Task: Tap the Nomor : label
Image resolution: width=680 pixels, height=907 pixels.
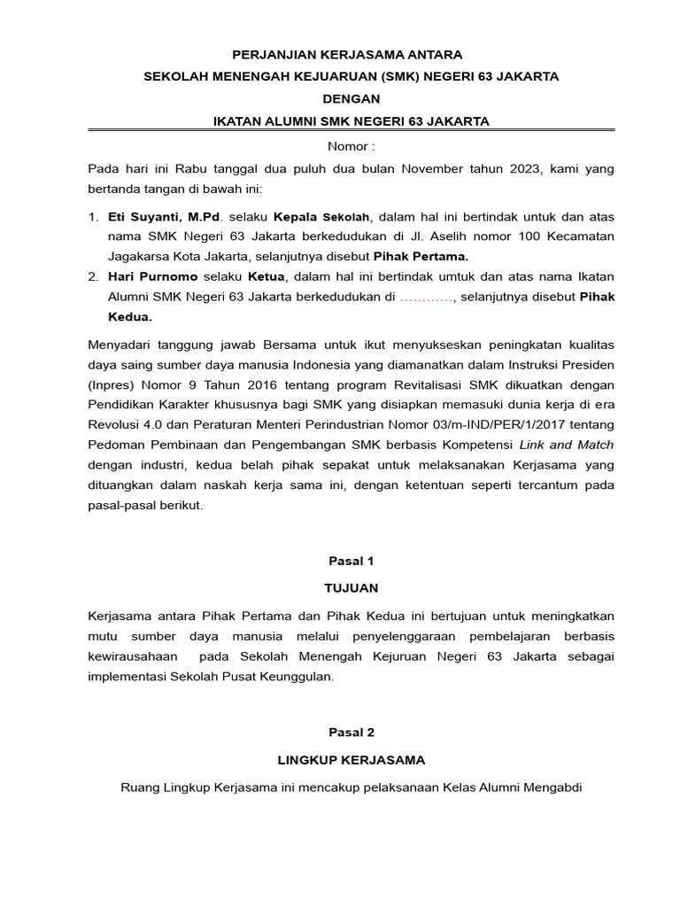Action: pyautogui.click(x=352, y=145)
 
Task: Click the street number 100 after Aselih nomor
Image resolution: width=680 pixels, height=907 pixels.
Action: pyautogui.click(x=503, y=236)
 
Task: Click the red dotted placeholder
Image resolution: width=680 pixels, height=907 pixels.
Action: pyautogui.click(x=427, y=298)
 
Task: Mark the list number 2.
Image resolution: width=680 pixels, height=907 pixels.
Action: pyautogui.click(x=93, y=277)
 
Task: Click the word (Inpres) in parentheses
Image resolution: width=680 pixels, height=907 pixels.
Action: pyautogui.click(x=111, y=384)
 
